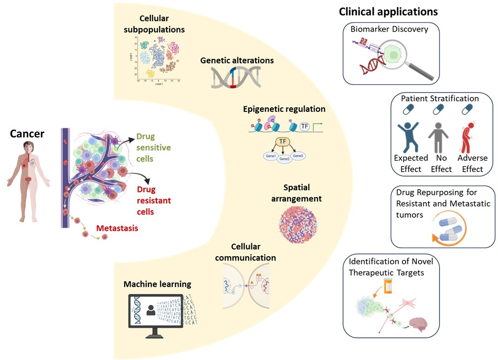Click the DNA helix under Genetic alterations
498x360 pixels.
click(x=236, y=78)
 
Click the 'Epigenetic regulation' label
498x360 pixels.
click(x=284, y=109)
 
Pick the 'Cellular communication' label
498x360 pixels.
click(x=252, y=252)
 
